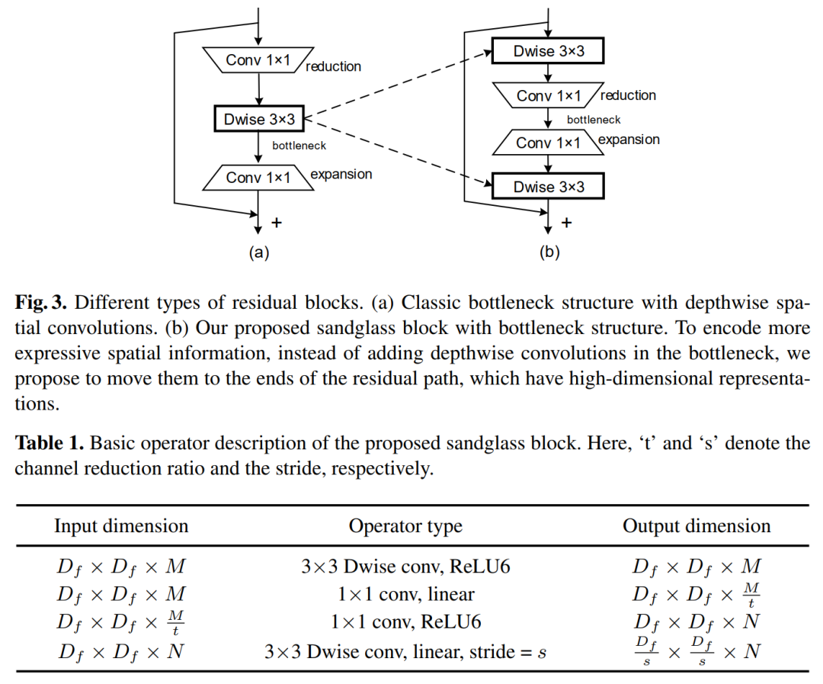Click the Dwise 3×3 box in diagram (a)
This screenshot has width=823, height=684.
tap(259, 119)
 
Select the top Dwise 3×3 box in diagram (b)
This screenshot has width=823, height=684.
tap(548, 52)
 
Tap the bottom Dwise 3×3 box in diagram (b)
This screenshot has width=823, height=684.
tap(548, 187)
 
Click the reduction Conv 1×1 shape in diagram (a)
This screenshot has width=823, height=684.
tap(258, 60)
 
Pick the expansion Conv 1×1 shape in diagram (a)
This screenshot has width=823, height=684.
tap(258, 178)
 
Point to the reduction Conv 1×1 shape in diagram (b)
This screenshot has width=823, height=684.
tap(548, 96)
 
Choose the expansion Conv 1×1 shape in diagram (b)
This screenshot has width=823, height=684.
tap(548, 143)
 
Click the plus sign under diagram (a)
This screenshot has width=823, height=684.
tap(277, 222)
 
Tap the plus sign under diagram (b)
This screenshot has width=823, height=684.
tap(566, 222)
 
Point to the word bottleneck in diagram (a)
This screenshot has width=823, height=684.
tap(299, 145)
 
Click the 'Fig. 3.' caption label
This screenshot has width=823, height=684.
tap(41, 302)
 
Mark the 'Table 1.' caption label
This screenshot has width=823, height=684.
tap(50, 443)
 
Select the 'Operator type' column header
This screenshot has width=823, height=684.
tap(405, 526)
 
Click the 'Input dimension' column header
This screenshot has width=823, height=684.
tap(121, 526)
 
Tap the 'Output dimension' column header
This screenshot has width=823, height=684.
tap(697, 526)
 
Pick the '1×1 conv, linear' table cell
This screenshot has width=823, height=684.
tap(405, 594)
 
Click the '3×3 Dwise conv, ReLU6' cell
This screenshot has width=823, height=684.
tap(405, 567)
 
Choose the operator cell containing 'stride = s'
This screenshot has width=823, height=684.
tap(405, 652)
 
